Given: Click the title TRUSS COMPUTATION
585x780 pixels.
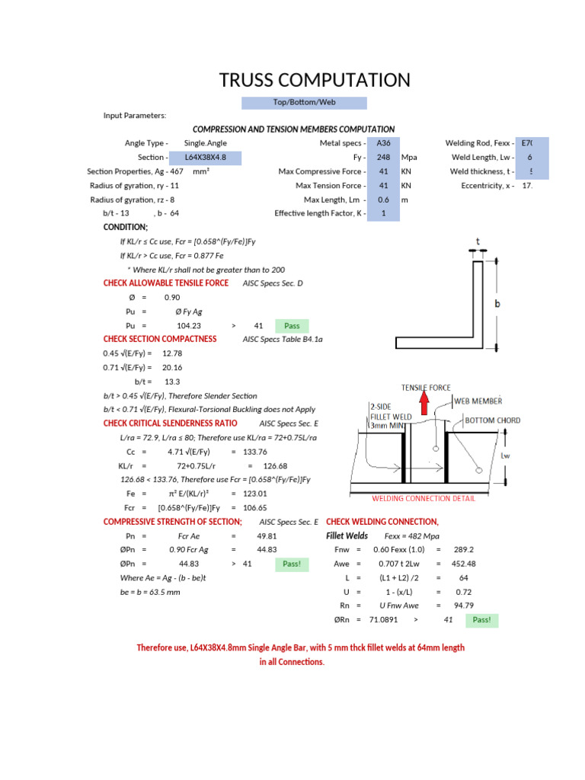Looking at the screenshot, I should click(x=315, y=80).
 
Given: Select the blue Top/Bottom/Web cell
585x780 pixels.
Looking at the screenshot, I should click(x=304, y=103).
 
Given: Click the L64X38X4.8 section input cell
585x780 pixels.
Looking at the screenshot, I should click(x=206, y=158).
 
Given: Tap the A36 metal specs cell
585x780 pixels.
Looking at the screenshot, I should click(x=383, y=143).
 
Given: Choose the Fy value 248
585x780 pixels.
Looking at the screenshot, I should click(x=383, y=158).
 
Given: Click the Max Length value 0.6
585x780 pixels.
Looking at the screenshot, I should click(x=383, y=200).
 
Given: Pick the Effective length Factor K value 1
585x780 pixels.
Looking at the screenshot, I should click(x=383, y=214).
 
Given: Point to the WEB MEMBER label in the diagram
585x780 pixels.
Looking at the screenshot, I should click(x=478, y=401).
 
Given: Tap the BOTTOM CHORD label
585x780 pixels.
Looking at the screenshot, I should click(x=492, y=421).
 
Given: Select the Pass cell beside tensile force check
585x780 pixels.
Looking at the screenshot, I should click(x=292, y=326).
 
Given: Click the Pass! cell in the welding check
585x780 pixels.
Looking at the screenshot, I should click(x=481, y=621).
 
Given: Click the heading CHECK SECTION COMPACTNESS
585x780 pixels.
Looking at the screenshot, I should click(x=160, y=339).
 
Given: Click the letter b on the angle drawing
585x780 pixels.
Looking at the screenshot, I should click(x=497, y=303).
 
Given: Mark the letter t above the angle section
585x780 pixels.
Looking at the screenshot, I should click(x=478, y=242).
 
